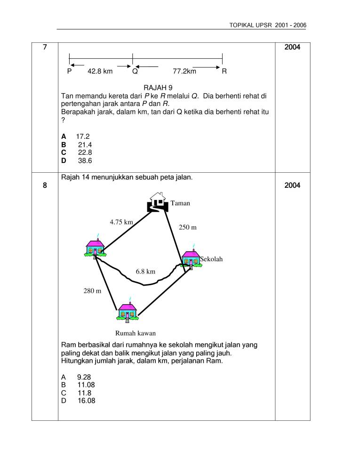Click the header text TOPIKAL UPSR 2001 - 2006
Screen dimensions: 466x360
pyautogui.click(x=267, y=25)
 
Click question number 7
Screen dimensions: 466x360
pyautogui.click(x=45, y=47)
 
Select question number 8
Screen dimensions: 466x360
pyautogui.click(x=45, y=185)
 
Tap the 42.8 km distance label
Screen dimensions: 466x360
pyautogui.click(x=100, y=72)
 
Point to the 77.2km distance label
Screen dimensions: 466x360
pyautogui.click(x=184, y=72)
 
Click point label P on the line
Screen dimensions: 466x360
pyautogui.click(x=70, y=72)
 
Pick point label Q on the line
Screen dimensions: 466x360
pyautogui.click(x=135, y=72)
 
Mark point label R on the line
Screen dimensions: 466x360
pyautogui.click(x=224, y=72)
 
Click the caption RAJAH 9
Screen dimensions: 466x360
pyautogui.click(x=158, y=88)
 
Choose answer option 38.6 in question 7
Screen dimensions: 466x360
pyautogui.click(x=85, y=161)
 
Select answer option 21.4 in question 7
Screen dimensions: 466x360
pyautogui.click(x=85, y=145)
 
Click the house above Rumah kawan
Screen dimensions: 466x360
pyautogui.click(x=127, y=311)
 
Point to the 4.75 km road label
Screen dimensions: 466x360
pyautogui.click(x=121, y=221)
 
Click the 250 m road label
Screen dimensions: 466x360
pyautogui.click(x=188, y=227)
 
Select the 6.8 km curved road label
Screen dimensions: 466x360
pyautogui.click(x=145, y=272)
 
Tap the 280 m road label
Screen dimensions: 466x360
pyautogui.click(x=93, y=291)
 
